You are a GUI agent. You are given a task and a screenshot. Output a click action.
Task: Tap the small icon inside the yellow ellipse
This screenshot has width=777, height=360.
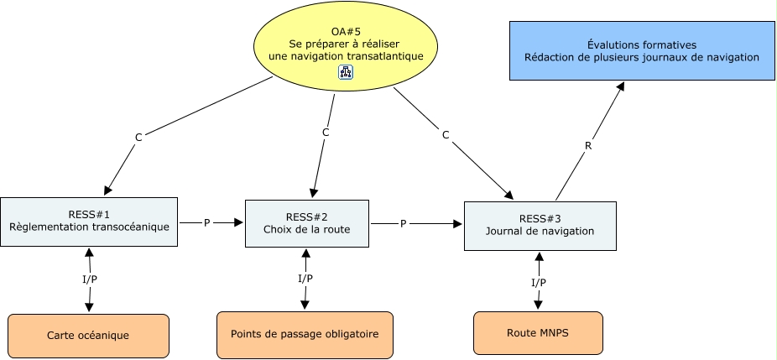[x=346, y=73]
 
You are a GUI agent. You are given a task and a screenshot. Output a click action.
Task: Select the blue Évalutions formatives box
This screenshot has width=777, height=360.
[x=642, y=51]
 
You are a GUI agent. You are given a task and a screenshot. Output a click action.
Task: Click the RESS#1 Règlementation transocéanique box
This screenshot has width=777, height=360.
[x=89, y=222]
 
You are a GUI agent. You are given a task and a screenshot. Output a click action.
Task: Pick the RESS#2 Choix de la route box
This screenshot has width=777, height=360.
[x=306, y=223]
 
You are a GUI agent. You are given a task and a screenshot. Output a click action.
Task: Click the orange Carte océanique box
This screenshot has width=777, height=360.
[x=88, y=335]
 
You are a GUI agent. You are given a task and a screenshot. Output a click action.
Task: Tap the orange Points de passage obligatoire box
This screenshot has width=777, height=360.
[x=305, y=333]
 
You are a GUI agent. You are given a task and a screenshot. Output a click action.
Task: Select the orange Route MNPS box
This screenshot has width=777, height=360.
[x=538, y=332]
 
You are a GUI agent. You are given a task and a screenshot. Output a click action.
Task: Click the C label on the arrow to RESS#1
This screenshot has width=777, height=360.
[x=138, y=137]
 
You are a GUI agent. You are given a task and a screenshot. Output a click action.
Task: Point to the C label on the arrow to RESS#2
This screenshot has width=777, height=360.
[x=325, y=133]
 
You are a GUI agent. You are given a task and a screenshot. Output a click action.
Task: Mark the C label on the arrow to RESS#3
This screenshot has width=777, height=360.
[x=446, y=134]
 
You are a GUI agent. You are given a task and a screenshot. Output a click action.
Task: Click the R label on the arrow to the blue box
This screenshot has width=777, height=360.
[x=588, y=145]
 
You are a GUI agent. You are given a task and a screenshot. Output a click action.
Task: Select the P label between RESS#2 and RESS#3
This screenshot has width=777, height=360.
[x=403, y=224]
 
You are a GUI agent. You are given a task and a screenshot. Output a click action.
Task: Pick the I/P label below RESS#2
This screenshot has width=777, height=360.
[x=305, y=279]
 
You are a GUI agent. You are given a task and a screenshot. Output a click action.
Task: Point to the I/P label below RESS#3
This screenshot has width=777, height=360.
[x=539, y=283]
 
